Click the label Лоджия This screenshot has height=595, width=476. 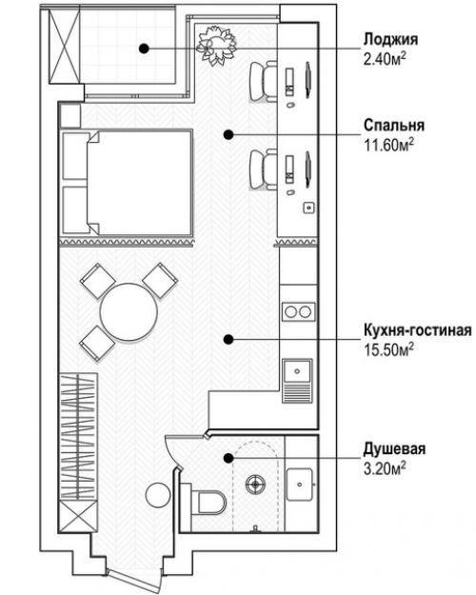pos(391,41)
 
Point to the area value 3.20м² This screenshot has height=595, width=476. pos(386,466)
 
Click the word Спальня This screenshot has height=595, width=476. pos(393,125)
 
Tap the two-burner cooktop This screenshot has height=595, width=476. pos(297,310)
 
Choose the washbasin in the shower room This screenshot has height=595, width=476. pos(301,484)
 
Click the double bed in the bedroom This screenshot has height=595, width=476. pos(126,184)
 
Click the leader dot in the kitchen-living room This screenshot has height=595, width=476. pos(228,339)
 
